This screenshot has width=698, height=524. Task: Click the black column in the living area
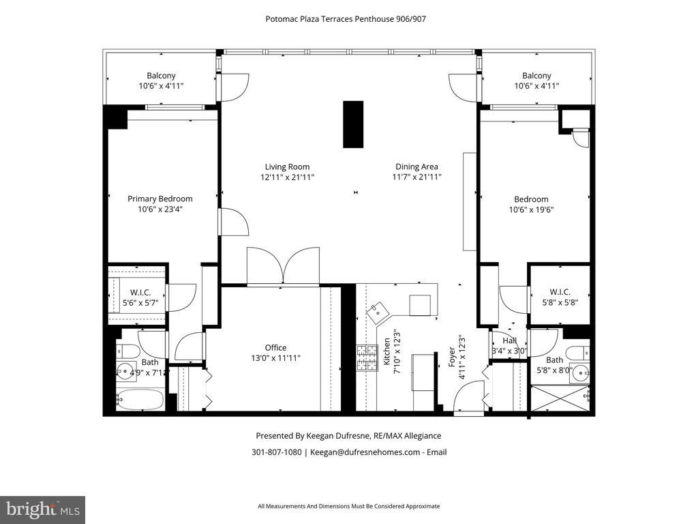pos(353,124)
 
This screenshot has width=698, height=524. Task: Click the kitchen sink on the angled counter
pos(378,312)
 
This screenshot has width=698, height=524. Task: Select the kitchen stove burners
pos(367,358)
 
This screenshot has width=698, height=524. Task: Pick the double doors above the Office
pos(283,266)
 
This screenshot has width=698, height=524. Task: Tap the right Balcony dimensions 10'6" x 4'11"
pos(536,86)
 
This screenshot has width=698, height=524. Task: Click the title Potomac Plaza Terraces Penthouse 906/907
pos(346,19)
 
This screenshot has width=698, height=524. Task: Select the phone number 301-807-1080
pos(277,452)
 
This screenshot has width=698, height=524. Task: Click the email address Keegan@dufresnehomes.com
pos(365,452)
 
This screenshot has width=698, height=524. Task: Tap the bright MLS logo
pos(42,510)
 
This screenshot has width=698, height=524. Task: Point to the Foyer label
pos(452,357)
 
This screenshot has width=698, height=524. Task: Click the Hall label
pos(509,341)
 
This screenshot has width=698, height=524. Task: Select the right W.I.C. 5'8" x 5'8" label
pos(560,297)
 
